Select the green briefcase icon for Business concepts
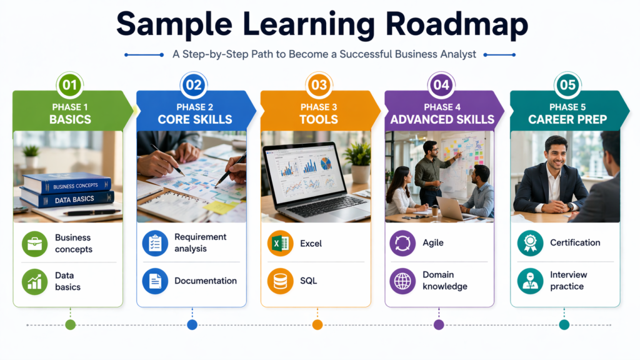point(34,244)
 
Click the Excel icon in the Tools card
point(280,243)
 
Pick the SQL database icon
point(280,281)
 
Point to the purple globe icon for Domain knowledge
point(402,281)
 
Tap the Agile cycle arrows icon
point(402,243)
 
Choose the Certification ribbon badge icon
point(530,243)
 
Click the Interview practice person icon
point(530,281)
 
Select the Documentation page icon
point(155,281)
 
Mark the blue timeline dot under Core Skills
point(192,324)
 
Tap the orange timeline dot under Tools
point(317,324)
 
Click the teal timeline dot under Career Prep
point(564,324)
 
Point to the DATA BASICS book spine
point(66,199)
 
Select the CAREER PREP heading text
point(567,119)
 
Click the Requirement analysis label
point(200,242)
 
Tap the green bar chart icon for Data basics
point(34,281)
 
